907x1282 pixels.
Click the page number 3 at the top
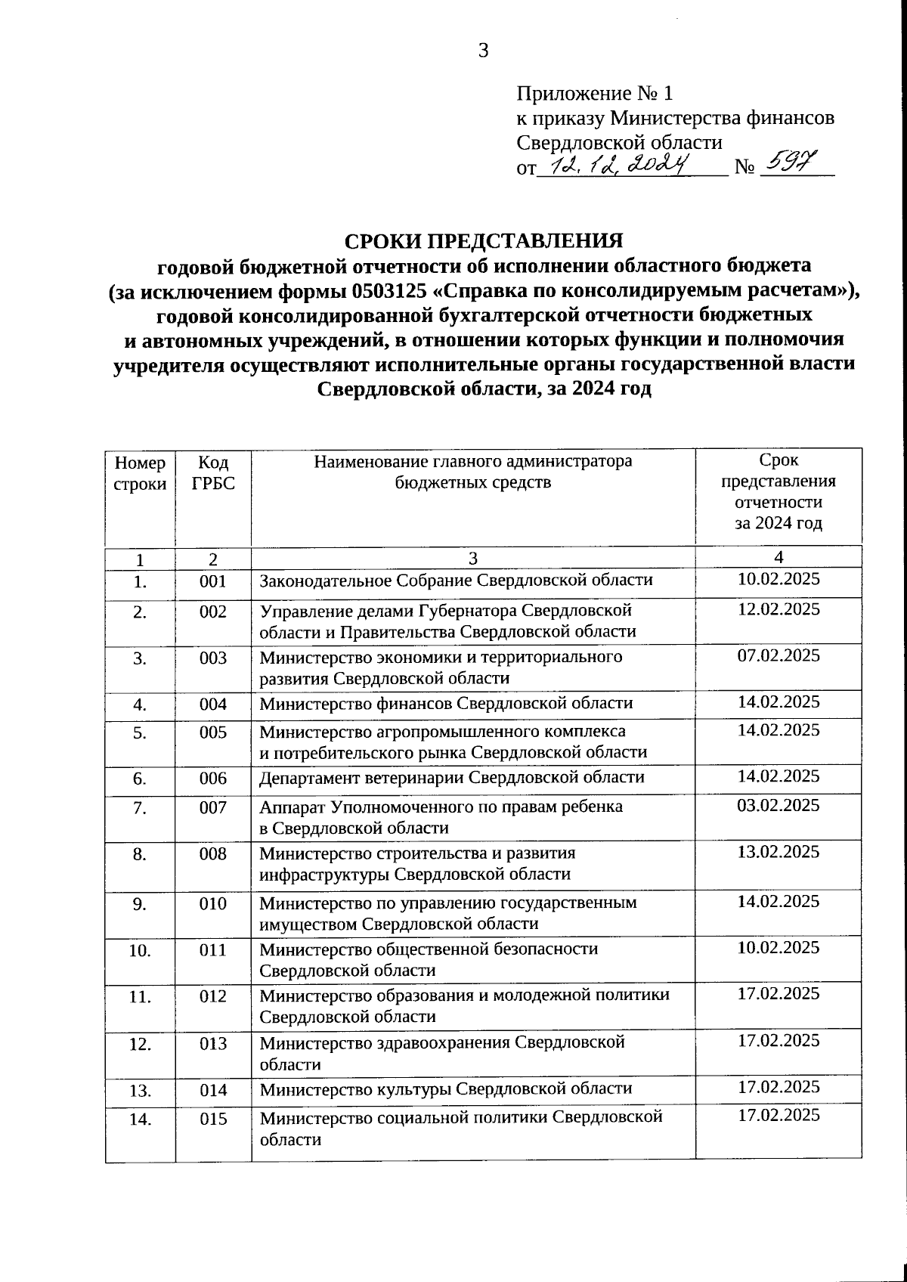pyautogui.click(x=483, y=51)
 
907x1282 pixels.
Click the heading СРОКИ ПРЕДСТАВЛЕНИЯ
pyautogui.click(x=484, y=240)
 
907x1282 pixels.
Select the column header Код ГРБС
pyautogui.click(x=213, y=472)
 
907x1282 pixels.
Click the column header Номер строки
pyautogui.click(x=140, y=473)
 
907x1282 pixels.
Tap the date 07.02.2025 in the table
pyautogui.click(x=779, y=655)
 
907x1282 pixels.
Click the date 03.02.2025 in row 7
pyautogui.click(x=779, y=805)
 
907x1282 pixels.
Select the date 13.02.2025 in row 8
pyautogui.click(x=779, y=852)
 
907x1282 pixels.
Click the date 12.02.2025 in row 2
pyautogui.click(x=779, y=608)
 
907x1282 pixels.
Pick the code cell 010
pyautogui.click(x=213, y=903)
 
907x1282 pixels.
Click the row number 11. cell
pyautogui.click(x=140, y=996)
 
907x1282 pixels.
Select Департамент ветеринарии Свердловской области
pyautogui.click(x=452, y=778)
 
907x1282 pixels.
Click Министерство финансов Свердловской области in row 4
pyautogui.click(x=446, y=704)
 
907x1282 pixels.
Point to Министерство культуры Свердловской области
pyautogui.click(x=446, y=1088)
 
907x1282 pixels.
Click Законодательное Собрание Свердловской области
pyautogui.click(x=456, y=581)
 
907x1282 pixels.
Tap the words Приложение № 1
pyautogui.click(x=594, y=94)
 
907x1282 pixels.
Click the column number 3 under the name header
pyautogui.click(x=472, y=559)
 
